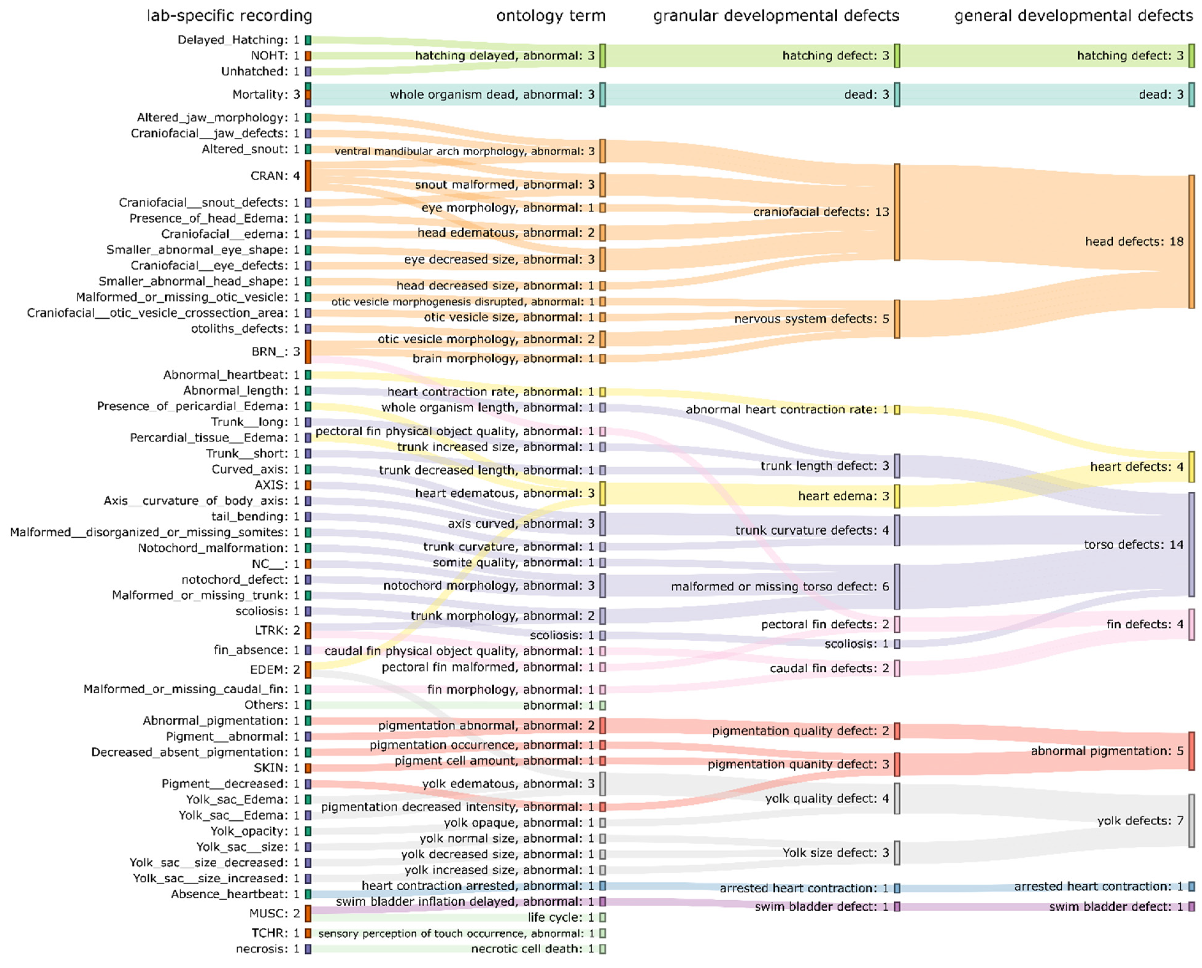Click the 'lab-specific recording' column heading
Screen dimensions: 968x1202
click(x=229, y=16)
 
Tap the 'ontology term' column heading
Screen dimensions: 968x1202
click(x=550, y=16)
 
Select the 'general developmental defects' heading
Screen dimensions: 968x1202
click(x=1073, y=16)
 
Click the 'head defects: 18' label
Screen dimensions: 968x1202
click(x=1134, y=241)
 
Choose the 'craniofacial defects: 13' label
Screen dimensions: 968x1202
click(x=820, y=212)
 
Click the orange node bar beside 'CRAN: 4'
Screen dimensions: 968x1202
click(x=308, y=176)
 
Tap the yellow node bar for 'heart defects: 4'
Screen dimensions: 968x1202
click(x=1191, y=467)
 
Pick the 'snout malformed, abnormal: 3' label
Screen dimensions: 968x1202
click(x=504, y=185)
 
